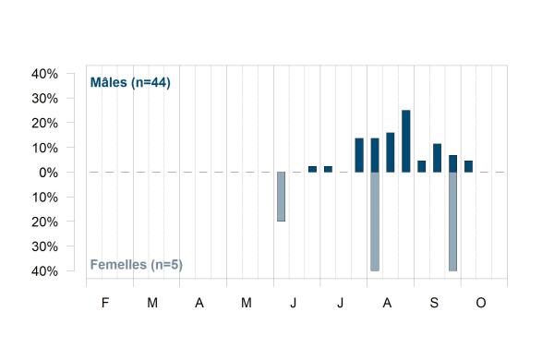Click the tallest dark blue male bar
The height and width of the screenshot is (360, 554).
406,141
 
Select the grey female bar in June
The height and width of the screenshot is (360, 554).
281,197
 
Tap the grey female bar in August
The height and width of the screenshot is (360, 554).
375,222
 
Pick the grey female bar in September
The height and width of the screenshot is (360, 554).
452,222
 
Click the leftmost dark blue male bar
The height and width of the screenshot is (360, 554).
312,169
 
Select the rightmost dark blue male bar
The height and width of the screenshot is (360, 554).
468,166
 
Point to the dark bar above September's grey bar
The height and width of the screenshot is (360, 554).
452,163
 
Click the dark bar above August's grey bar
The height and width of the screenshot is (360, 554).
375,155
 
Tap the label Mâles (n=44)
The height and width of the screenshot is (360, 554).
130,83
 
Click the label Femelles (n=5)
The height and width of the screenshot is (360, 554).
137,265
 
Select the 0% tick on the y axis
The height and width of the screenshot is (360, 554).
48,173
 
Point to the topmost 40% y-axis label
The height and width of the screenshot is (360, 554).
45,74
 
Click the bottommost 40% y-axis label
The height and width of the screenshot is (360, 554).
45,271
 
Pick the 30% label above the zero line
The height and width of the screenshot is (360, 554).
45,99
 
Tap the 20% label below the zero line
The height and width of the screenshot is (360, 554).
45,222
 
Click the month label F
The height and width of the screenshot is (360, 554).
105,303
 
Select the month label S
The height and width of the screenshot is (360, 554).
434,303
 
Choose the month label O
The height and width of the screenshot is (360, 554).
481,303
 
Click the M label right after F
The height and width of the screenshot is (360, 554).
152,303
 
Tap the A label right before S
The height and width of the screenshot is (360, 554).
387,303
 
